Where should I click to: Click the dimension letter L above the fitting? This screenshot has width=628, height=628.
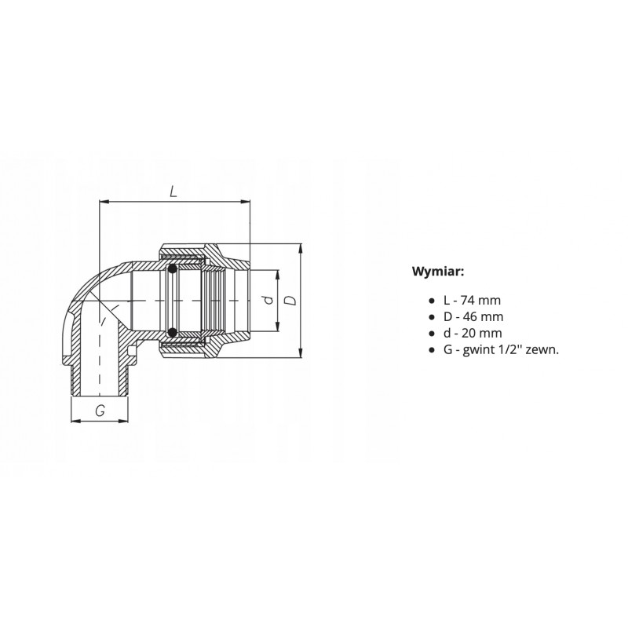tap(173, 192)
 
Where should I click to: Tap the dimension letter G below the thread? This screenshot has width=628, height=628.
tap(100, 411)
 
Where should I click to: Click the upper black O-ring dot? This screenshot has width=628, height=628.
tap(172, 269)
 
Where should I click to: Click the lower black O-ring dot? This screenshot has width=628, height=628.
tap(172, 332)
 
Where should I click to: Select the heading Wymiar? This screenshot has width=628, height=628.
tap(438, 272)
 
